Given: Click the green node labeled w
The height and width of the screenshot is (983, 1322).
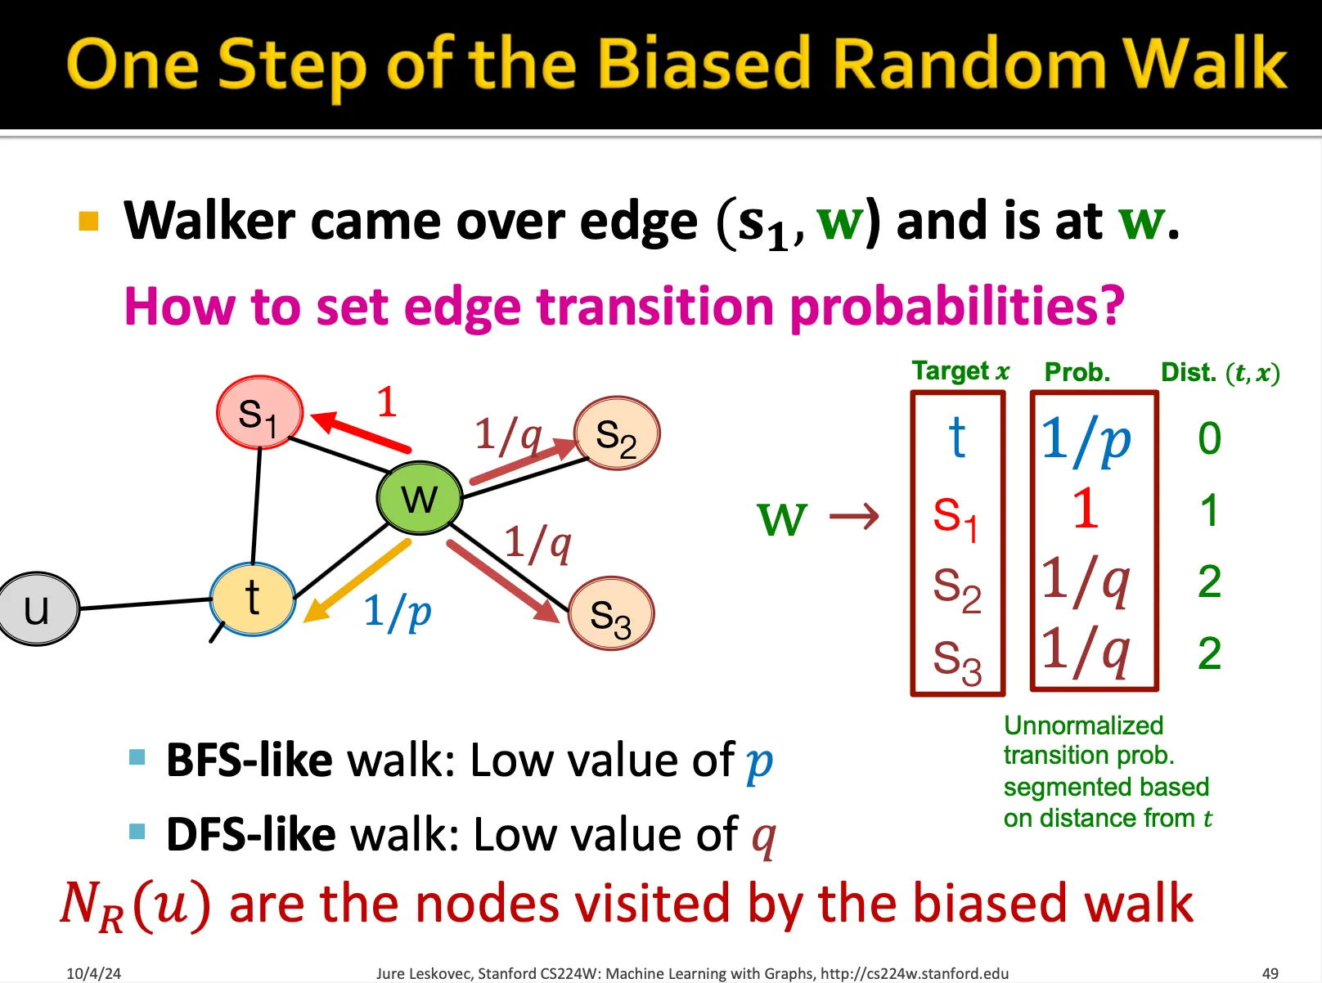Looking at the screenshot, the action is coord(420,497).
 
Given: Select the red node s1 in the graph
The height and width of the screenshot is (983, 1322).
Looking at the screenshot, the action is coord(259,412).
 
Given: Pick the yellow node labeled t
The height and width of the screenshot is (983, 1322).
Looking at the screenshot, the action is coord(252,599).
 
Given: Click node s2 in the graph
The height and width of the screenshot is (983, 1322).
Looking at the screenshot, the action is coord(616,433).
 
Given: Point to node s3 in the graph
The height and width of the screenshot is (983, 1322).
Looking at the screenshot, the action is coord(610,613).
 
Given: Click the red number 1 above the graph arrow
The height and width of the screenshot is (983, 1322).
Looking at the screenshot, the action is coord(387,402).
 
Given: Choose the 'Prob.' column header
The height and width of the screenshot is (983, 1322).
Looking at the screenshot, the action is coord(1077,372).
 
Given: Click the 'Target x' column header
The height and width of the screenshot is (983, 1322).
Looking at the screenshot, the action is coord(961,371).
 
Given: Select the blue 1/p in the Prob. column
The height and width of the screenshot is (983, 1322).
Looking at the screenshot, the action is coord(1086,440).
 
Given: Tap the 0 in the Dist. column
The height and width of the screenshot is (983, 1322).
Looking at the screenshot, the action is coord(1209,438).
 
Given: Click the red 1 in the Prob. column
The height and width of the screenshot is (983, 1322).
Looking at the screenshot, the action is coord(1086,508).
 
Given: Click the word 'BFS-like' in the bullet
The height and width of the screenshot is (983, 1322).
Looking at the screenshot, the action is coord(250,760).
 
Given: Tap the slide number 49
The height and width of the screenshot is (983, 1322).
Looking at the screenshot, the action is coord(1270,973).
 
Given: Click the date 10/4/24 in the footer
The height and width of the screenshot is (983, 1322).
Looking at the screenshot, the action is coord(93,973).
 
